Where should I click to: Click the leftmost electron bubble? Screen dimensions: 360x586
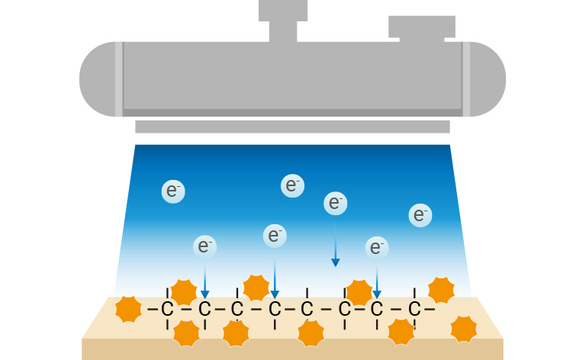point(173,191)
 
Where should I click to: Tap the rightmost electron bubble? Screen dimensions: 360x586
point(419,215)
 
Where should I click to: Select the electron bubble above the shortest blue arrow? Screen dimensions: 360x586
point(334,203)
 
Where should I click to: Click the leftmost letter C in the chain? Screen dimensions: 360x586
point(168,310)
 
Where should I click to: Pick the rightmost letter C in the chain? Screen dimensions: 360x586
point(414,310)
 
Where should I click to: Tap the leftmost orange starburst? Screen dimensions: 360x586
point(127,309)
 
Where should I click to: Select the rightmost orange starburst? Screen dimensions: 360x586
point(463,328)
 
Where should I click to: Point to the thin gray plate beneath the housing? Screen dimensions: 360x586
point(292,127)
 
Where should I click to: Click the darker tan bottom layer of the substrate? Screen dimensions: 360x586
point(292,349)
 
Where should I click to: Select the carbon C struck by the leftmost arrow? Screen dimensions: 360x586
point(204,310)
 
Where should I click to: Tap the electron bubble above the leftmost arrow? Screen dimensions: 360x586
point(204,246)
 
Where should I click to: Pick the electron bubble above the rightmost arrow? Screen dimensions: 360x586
point(376,246)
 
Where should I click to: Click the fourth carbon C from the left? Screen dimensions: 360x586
point(275,310)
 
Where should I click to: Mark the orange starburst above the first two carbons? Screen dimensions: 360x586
point(184,291)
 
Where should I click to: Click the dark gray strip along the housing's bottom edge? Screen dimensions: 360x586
point(292,113)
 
